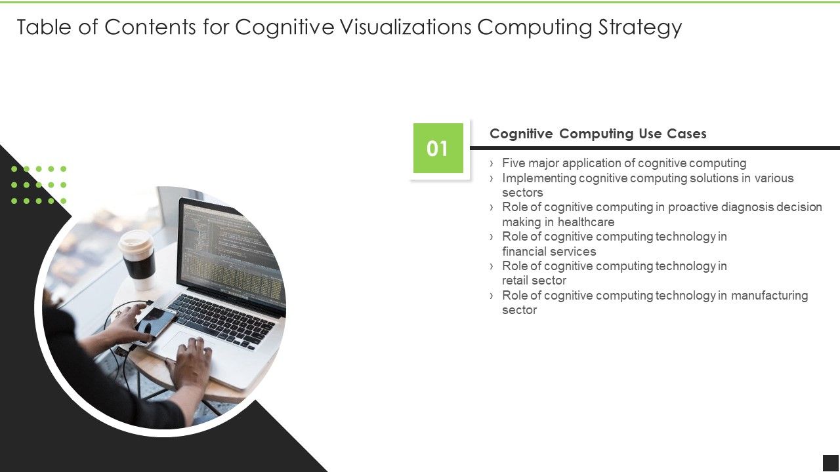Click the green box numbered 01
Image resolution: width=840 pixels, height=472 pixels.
click(438, 148)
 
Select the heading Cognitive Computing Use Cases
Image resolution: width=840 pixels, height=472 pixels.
click(598, 134)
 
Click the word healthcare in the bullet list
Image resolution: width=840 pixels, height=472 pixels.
click(586, 222)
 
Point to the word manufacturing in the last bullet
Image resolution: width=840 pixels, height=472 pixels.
click(769, 296)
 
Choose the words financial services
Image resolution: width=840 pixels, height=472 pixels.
click(549, 252)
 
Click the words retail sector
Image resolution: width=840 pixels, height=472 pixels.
click(534, 281)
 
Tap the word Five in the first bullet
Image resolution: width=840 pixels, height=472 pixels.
click(514, 163)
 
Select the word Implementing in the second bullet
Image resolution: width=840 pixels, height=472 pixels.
click(539, 178)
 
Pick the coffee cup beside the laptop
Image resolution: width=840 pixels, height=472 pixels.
click(138, 258)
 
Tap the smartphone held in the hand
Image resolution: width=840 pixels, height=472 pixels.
click(155, 323)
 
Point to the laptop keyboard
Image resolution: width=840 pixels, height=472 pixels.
click(223, 317)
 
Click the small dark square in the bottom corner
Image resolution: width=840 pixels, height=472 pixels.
click(831, 463)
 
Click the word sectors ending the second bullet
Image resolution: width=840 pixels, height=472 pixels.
click(522, 193)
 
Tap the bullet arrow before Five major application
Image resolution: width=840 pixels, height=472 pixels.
click(492, 163)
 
